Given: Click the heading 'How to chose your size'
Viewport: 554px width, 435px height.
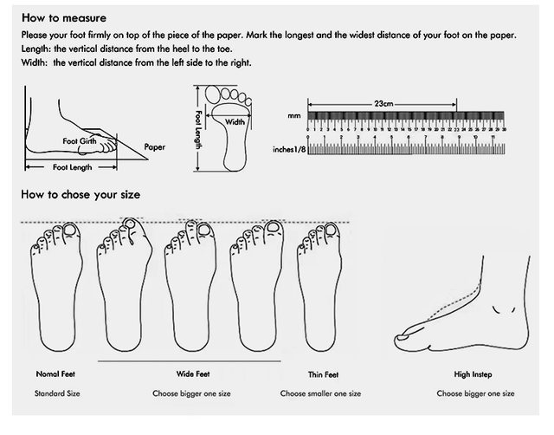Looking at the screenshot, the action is (x=81, y=194).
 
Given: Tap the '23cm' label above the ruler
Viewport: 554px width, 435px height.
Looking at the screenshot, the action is (x=384, y=103).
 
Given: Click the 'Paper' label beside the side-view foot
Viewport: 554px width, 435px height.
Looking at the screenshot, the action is (x=154, y=147).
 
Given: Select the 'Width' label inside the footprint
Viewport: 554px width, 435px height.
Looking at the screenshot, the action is (x=236, y=122).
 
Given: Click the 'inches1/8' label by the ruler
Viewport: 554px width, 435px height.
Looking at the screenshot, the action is (x=289, y=149).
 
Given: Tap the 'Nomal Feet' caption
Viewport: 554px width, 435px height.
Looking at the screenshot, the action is (x=55, y=374).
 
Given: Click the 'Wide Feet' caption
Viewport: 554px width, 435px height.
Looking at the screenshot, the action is (x=192, y=374).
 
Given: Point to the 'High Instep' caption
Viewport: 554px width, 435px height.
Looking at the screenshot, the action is (x=473, y=374).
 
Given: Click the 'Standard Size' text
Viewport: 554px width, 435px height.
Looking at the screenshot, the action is (x=57, y=393).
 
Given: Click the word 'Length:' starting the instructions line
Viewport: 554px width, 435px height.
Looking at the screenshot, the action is (x=36, y=49).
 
